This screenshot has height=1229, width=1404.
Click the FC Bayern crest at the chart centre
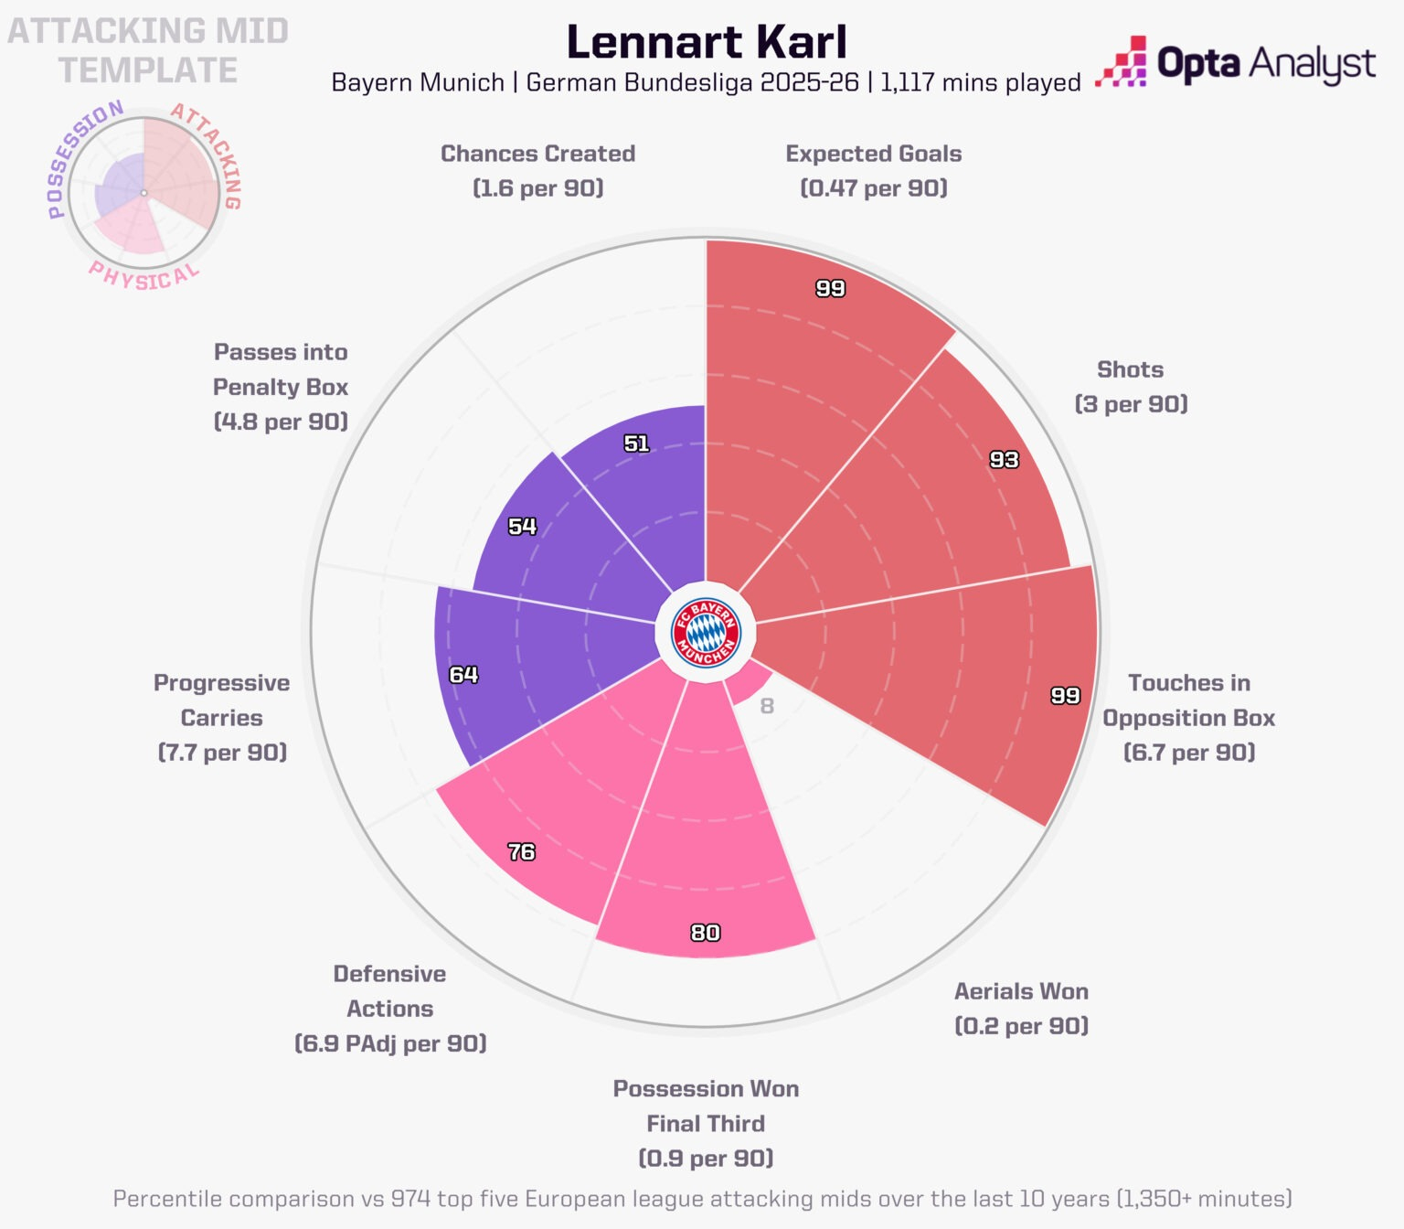click(x=706, y=632)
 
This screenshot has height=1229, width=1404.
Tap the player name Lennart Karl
click(x=707, y=42)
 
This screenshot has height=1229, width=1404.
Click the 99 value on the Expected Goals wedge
click(x=830, y=289)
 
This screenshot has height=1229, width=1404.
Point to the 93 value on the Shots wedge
click(x=1004, y=460)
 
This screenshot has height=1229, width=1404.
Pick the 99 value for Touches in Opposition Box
click(x=1065, y=696)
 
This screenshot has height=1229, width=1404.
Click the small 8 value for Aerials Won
click(x=767, y=706)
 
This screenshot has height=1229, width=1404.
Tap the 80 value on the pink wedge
click(x=705, y=933)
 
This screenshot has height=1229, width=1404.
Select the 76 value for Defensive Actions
click(x=521, y=852)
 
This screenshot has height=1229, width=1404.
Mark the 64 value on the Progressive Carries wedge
click(x=463, y=675)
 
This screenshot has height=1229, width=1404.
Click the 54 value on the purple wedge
click(x=522, y=527)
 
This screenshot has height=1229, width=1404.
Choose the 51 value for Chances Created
click(x=636, y=444)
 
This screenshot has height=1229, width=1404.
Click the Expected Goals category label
click(x=873, y=154)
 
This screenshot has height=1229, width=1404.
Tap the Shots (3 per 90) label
click(x=1131, y=386)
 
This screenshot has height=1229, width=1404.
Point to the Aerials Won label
click(x=1021, y=991)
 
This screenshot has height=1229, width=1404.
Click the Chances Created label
click(x=537, y=154)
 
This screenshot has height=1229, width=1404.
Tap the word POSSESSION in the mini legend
click(x=80, y=155)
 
